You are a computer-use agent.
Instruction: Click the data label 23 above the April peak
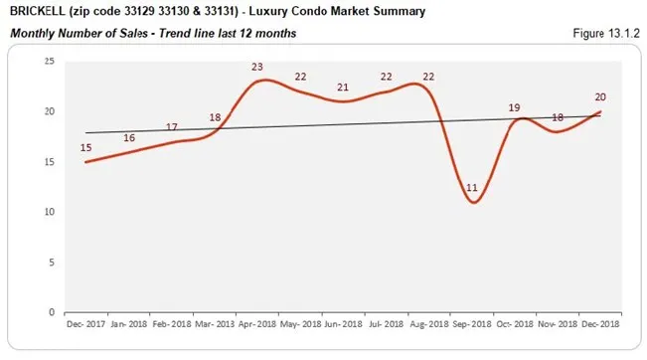click(x=256, y=68)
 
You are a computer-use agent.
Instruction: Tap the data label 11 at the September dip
click(x=471, y=187)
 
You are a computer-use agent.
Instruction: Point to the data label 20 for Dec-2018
click(x=600, y=97)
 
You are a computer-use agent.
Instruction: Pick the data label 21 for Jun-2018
click(x=343, y=88)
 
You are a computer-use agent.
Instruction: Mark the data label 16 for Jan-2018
click(x=128, y=137)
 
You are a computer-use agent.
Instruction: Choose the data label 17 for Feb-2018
click(x=171, y=127)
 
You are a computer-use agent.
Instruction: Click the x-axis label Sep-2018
click(x=472, y=324)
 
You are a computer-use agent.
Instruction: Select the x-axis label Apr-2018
click(x=257, y=324)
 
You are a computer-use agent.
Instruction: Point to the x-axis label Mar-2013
click(x=214, y=324)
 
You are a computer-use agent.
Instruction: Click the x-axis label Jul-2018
click(x=386, y=324)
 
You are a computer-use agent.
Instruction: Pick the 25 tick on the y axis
click(x=48, y=61)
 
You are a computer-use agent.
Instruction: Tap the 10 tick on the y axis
click(x=48, y=212)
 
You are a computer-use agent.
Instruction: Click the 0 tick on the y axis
click(x=51, y=312)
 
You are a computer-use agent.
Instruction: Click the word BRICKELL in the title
click(x=40, y=12)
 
